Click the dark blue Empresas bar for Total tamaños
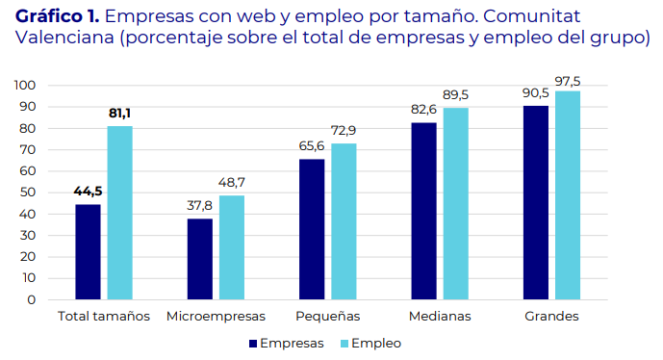(88, 251)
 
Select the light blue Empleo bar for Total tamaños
(119, 213)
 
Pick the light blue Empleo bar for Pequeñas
(344, 221)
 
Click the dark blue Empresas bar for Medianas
(423, 211)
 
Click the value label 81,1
(120, 114)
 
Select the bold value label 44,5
(88, 191)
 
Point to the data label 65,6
(310, 146)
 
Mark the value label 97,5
(569, 79)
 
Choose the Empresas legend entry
(287, 343)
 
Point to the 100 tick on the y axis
(25, 86)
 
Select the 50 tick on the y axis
(28, 193)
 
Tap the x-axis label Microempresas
(215, 317)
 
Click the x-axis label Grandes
(551, 317)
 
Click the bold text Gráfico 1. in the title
(57, 16)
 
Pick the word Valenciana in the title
(62, 38)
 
